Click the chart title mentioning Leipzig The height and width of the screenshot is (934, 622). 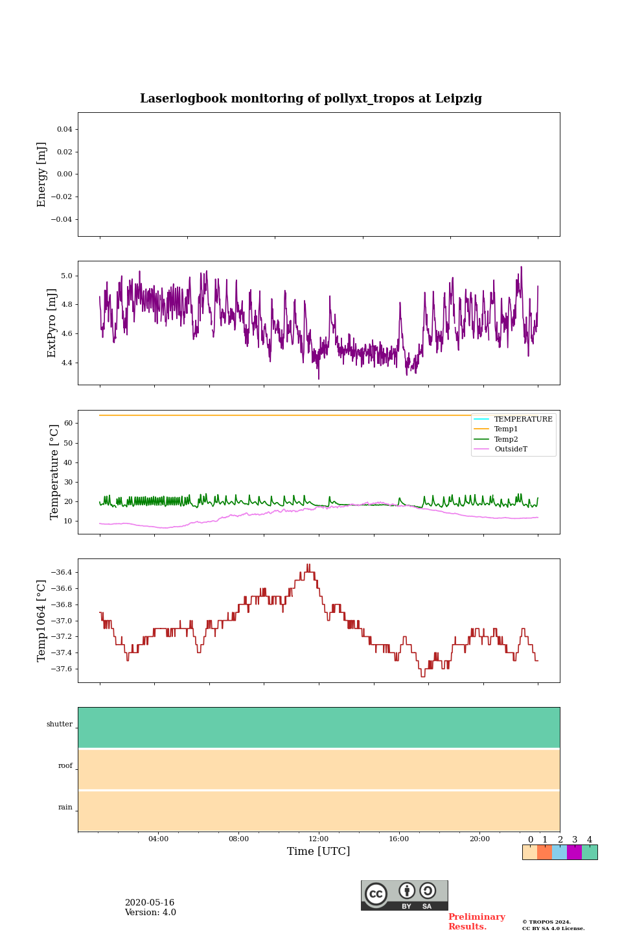311,99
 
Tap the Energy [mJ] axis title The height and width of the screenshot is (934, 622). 42,174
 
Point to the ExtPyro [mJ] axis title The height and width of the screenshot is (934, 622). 52,323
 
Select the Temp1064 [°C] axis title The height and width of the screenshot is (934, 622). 42,621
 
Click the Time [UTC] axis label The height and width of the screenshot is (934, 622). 319,851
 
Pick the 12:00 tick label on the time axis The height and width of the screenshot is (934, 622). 319,839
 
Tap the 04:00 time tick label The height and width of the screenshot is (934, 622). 158,839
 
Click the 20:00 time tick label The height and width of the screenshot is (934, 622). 479,839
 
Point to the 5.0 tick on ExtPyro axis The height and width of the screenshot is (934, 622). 67,276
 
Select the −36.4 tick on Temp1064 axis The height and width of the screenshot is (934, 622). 60,572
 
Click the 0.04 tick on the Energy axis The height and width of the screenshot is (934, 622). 64,129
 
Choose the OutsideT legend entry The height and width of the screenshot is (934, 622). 511,449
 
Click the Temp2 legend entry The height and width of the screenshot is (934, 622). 506,439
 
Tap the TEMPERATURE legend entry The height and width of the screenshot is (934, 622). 523,419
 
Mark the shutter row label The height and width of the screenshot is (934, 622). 60,724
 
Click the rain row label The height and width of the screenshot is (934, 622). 65,808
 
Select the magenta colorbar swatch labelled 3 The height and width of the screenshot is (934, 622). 574,852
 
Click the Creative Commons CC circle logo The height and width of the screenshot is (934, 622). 376,894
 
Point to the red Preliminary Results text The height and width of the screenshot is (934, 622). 476,922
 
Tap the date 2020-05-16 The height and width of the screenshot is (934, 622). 150,903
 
